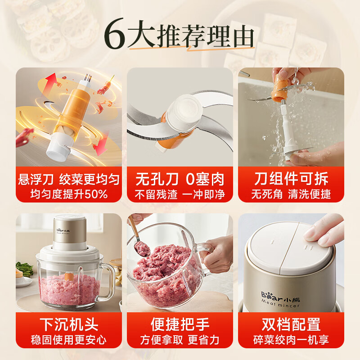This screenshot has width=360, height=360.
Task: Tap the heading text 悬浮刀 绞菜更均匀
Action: (69, 180)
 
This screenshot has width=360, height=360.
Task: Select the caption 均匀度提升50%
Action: (69, 195)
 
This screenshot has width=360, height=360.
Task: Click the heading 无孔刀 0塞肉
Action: (180, 180)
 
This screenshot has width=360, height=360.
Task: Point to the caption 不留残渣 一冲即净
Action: (180, 195)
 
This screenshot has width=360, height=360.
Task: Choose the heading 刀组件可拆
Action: (291, 180)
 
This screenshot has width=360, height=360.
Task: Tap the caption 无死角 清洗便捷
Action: (291, 195)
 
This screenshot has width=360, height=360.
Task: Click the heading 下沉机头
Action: (69, 324)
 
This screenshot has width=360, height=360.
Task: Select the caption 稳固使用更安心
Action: (69, 340)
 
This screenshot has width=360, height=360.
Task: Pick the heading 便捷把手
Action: (180, 324)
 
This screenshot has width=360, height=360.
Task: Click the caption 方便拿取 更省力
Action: (180, 340)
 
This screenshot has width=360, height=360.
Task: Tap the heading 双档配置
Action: (291, 324)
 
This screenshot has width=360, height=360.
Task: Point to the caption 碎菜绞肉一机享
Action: (291, 340)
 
